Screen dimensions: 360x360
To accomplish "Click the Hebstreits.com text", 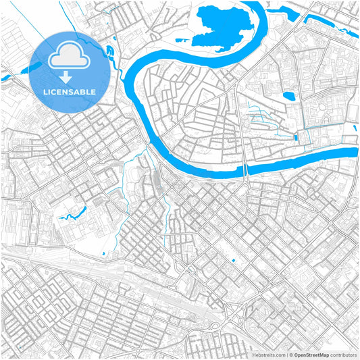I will click(x=269, y=354).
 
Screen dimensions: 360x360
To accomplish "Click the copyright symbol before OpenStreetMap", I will click(x=292, y=354).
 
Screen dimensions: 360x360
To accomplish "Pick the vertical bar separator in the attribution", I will click(x=287, y=354).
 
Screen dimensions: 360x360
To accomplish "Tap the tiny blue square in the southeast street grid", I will click(x=232, y=261).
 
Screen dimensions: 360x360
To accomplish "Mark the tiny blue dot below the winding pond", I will click(x=103, y=253).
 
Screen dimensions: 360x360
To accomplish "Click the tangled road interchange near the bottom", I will click(x=236, y=313).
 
